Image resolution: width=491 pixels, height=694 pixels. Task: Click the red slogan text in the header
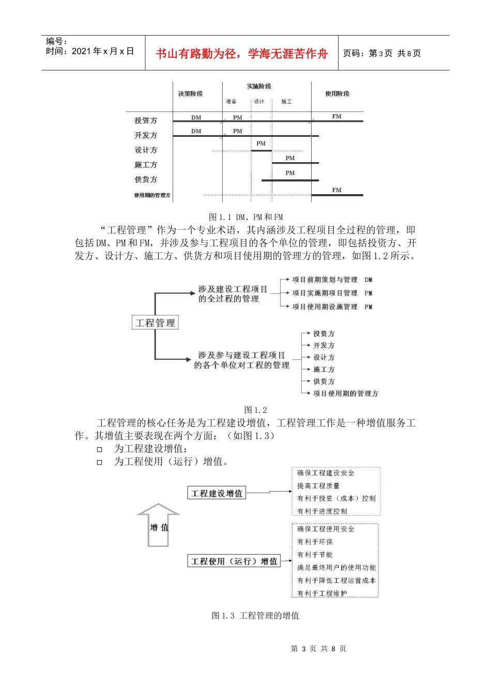point(241,54)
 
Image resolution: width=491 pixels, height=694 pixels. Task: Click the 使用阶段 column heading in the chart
point(337,93)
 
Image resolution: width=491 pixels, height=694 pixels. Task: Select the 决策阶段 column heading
point(190,93)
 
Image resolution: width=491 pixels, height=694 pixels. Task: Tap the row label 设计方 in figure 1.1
point(146,150)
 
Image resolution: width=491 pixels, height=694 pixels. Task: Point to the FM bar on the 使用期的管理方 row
point(337,195)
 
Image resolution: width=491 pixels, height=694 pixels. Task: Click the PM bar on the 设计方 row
point(261,150)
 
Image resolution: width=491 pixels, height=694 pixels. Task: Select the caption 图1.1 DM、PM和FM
point(245,217)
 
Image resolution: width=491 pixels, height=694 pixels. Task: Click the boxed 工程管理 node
point(155,323)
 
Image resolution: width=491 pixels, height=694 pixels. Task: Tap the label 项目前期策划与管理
point(325,280)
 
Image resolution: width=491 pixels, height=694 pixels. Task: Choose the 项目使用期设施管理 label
point(325,307)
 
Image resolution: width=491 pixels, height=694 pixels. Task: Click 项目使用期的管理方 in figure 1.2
point(345,393)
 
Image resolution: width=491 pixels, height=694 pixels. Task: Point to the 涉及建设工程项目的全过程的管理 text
point(233,294)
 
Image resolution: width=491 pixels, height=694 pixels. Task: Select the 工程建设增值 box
point(217,493)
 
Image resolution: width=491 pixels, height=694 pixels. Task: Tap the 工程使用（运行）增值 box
point(234,561)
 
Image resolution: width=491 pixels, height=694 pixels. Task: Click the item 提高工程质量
point(318,486)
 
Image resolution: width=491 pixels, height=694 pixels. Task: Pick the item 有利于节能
point(315,555)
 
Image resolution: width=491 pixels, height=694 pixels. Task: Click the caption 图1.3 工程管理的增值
point(255,616)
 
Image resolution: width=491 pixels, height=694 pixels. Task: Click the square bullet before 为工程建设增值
point(100,449)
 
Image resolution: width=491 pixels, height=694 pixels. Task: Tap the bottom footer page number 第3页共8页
point(318,649)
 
